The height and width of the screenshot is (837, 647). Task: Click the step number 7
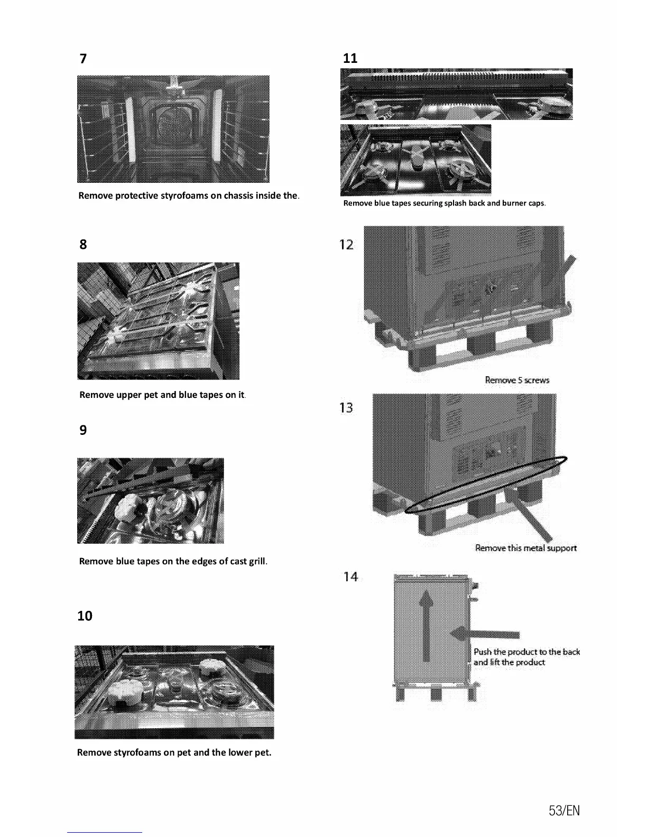point(83,59)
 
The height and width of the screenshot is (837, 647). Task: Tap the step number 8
point(83,245)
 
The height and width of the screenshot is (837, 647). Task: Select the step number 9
point(83,430)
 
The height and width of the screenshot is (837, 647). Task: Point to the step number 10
point(85,616)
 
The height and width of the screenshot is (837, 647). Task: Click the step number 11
point(350,59)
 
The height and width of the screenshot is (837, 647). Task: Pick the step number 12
point(346,245)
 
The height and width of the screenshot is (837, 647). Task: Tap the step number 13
point(346,408)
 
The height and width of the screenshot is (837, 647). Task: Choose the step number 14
point(350,577)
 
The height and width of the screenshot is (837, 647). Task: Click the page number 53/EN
point(564,811)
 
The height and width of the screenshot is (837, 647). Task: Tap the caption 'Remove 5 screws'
point(517,380)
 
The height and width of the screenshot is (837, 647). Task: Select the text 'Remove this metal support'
point(525,548)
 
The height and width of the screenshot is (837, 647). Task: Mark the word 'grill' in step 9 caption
point(257,562)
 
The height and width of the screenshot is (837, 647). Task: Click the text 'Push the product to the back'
point(526,652)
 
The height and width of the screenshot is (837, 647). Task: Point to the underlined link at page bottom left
point(105,832)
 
